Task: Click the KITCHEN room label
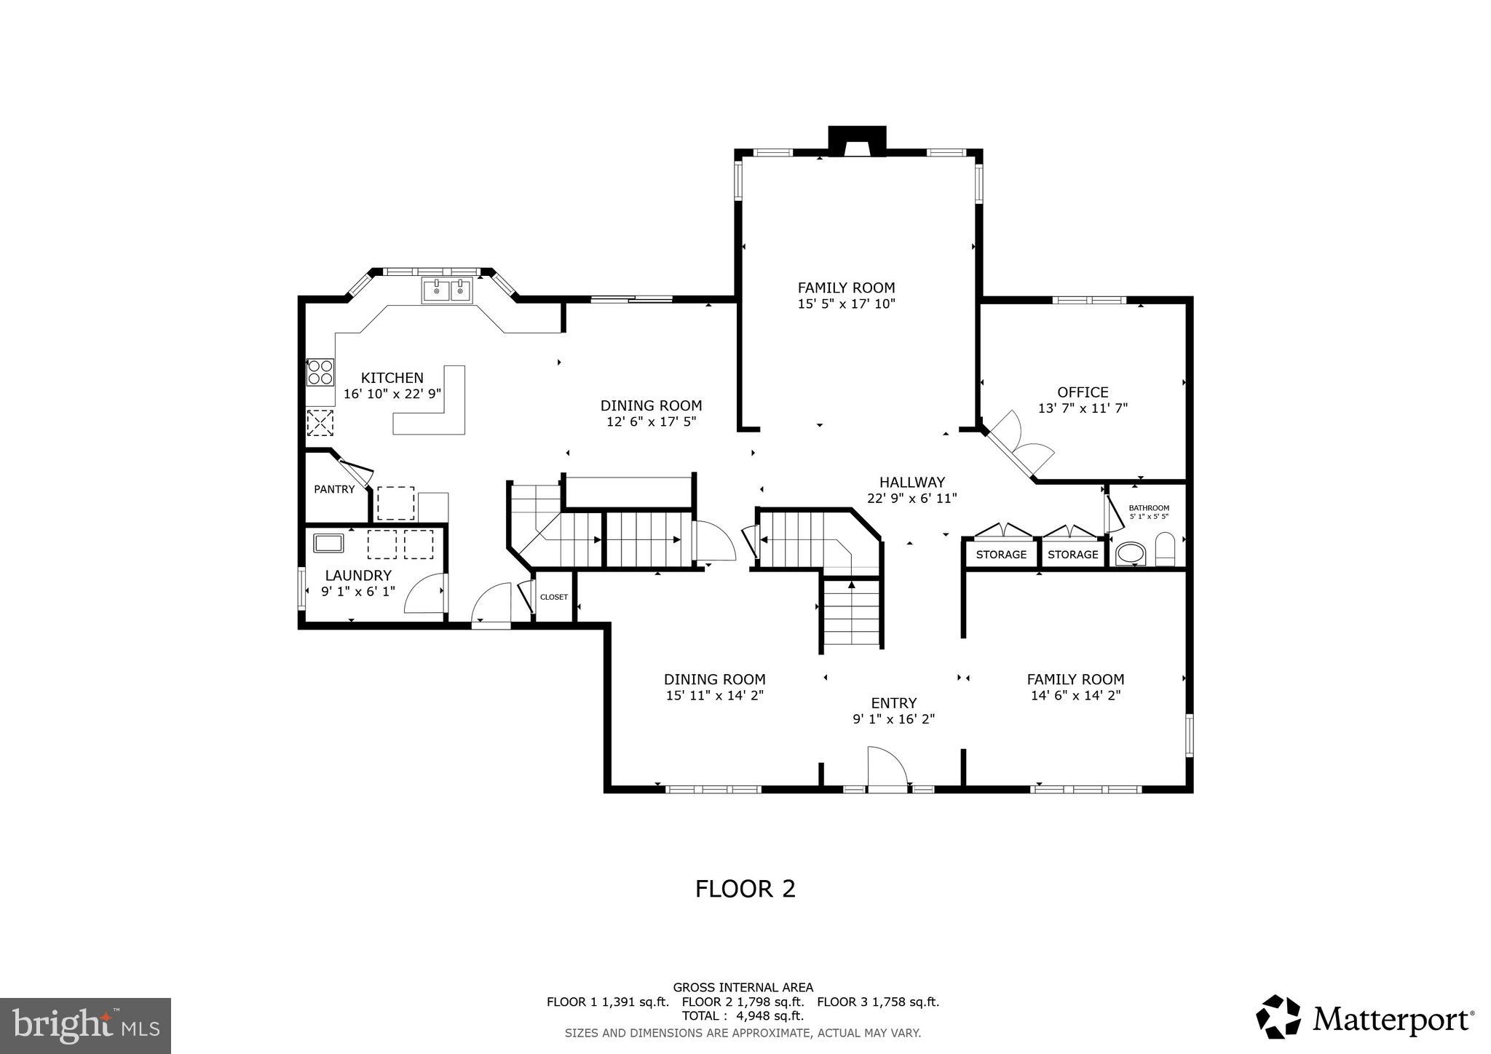(x=392, y=378)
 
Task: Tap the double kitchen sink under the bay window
(x=447, y=290)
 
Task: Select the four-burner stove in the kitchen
(x=320, y=372)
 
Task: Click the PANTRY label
(x=334, y=489)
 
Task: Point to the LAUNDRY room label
(x=357, y=575)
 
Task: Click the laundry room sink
(x=328, y=543)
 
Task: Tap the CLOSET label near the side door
(x=553, y=597)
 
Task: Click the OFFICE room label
(x=1083, y=392)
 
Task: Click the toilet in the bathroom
(x=1165, y=550)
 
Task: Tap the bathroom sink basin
(x=1131, y=554)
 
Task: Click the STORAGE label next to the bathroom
(x=1072, y=555)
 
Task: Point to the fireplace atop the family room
(x=857, y=141)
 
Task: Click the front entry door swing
(x=887, y=768)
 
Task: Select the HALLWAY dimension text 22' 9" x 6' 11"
(x=911, y=499)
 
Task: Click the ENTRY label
(x=893, y=703)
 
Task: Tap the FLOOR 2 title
(x=745, y=889)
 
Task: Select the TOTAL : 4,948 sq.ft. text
(x=743, y=1015)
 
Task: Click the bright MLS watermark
(x=85, y=1026)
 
